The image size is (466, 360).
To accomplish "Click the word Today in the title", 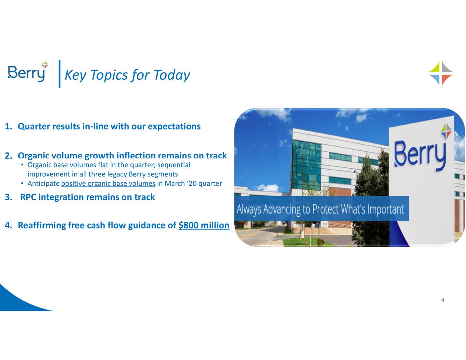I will click(171, 75).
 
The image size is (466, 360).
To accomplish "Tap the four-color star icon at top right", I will click(441, 73).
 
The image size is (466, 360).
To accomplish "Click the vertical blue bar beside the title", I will click(59, 74).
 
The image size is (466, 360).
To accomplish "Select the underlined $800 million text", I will click(204, 226).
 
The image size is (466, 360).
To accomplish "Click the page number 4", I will click(442, 300).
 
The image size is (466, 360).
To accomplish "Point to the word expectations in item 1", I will click(174, 126).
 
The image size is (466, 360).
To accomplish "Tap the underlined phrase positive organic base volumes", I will click(108, 183).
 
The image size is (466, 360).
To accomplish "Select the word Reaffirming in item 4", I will click(42, 226).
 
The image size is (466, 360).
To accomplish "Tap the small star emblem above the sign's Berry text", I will click(446, 131).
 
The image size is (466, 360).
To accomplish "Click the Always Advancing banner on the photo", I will click(320, 209).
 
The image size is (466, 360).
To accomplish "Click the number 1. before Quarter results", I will click(8, 127).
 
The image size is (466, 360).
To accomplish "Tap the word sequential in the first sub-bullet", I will click(177, 165).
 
